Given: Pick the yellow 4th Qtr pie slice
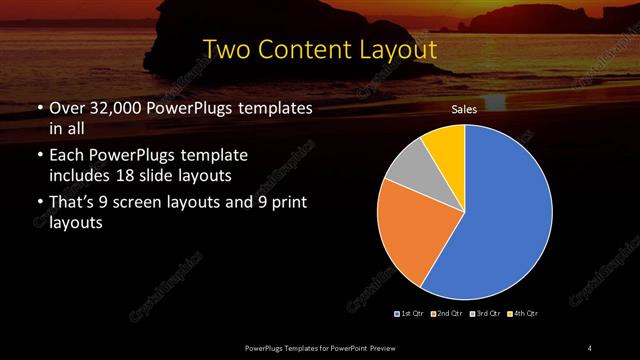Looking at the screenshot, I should tap(445, 145).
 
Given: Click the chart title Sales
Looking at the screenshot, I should tap(464, 109).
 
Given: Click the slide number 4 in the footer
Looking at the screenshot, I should tap(590, 347).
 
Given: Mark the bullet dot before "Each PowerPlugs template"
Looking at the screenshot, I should tap(39, 157).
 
